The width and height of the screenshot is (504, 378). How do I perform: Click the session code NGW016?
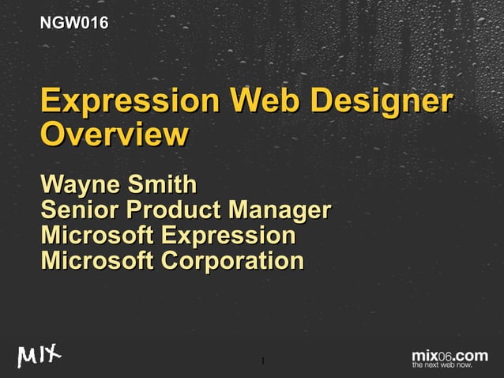(74, 24)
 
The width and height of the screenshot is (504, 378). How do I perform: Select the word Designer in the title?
(381, 102)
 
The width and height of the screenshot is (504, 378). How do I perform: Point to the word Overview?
(114, 134)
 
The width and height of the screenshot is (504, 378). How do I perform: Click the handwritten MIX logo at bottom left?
(39, 357)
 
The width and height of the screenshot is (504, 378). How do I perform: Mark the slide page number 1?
(262, 363)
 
